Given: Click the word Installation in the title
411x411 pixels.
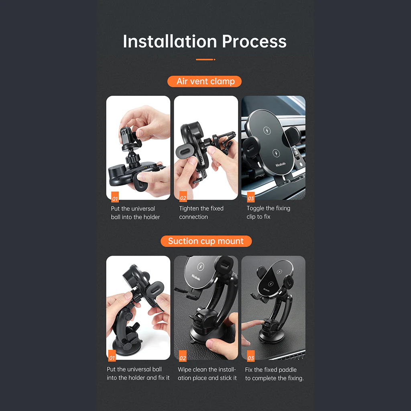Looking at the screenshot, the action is pyautogui.click(x=170, y=41).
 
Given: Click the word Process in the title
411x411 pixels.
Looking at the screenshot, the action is pyautogui.click(x=254, y=42).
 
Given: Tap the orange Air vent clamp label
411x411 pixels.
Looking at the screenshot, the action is pyautogui.click(x=204, y=81).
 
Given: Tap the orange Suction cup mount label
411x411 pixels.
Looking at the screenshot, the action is pyautogui.click(x=206, y=241).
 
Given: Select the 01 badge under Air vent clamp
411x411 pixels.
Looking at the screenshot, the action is pyautogui.click(x=115, y=197).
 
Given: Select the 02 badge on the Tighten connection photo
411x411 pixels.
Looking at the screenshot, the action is pyautogui.click(x=183, y=197).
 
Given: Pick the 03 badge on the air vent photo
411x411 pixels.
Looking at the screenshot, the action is pyautogui.click(x=251, y=197).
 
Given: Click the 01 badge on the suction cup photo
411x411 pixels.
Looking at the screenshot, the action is pyautogui.click(x=112, y=356).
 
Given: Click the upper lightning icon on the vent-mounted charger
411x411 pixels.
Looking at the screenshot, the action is pyautogui.click(x=267, y=130).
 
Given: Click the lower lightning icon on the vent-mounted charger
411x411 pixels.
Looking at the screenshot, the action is pyautogui.click(x=276, y=153).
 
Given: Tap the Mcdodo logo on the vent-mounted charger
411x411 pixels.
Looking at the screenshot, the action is pyautogui.click(x=281, y=165).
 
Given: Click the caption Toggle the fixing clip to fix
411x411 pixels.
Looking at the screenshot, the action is pyautogui.click(x=269, y=212).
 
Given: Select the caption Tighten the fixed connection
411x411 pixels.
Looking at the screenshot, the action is pyautogui.click(x=201, y=213).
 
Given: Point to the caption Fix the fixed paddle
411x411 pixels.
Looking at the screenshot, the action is pyautogui.click(x=271, y=370).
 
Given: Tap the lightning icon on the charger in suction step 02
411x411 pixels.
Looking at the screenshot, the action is pyautogui.click(x=201, y=267).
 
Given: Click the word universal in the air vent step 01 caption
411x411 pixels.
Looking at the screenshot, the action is pyautogui.click(x=144, y=209).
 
